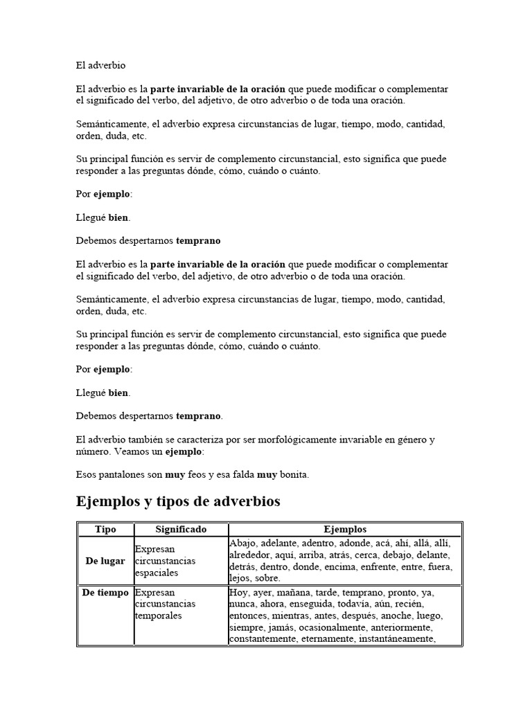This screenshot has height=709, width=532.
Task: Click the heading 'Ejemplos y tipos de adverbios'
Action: point(177,501)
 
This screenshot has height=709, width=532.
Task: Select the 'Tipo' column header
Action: point(105,529)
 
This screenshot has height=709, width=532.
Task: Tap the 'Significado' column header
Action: point(180,529)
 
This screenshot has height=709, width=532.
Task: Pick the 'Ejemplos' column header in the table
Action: point(344,529)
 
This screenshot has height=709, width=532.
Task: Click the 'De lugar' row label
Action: point(105,561)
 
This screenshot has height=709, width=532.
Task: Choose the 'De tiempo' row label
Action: point(105,593)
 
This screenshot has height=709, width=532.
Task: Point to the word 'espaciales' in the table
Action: point(157,573)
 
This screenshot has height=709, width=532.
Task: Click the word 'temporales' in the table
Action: point(159,616)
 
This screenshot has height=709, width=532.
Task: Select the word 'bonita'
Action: point(294,475)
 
